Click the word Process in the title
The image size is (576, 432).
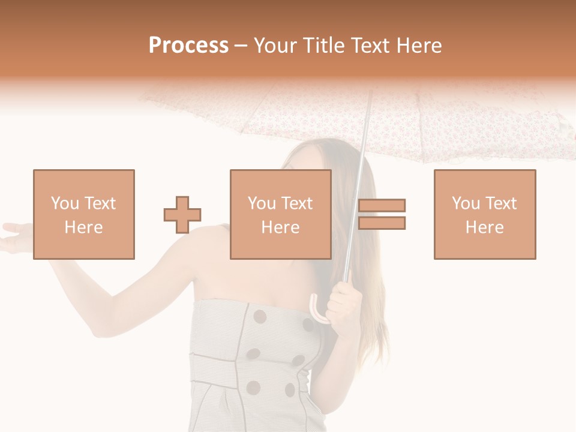[188, 46]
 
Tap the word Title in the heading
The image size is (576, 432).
[324, 46]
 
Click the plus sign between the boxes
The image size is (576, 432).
[182, 214]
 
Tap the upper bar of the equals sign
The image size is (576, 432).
[382, 205]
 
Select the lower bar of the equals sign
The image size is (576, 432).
[382, 223]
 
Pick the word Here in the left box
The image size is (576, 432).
[83, 227]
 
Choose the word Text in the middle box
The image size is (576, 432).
[297, 203]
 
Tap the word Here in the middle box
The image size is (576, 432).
[280, 227]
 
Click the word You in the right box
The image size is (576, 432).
[466, 203]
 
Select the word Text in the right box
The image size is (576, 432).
[501, 203]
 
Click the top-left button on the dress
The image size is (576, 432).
[259, 316]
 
